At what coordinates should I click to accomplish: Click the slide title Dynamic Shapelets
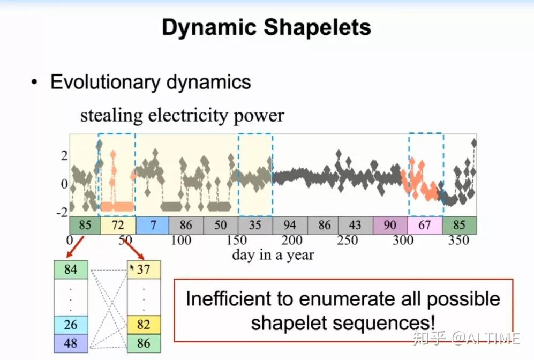(266, 27)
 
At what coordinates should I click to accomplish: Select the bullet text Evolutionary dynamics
(151, 82)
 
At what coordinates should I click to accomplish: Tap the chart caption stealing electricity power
(182, 115)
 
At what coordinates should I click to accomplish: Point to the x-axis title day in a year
(273, 254)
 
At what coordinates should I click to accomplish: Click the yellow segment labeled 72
(118, 225)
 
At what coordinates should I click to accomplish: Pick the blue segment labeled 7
(153, 225)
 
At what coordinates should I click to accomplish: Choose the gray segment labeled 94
(289, 225)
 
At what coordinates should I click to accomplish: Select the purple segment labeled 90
(390, 225)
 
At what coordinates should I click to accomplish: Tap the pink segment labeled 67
(425, 225)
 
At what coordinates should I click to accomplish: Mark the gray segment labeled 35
(255, 225)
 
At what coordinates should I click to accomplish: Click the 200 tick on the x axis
(291, 240)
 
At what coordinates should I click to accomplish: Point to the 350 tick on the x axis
(458, 240)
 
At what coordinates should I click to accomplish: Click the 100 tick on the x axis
(180, 240)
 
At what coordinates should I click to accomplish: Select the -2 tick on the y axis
(63, 212)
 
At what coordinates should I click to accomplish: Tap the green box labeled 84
(71, 269)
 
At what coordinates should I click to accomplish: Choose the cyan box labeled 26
(71, 325)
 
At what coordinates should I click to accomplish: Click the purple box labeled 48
(71, 343)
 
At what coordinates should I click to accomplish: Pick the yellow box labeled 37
(144, 269)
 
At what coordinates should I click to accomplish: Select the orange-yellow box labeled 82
(144, 325)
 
